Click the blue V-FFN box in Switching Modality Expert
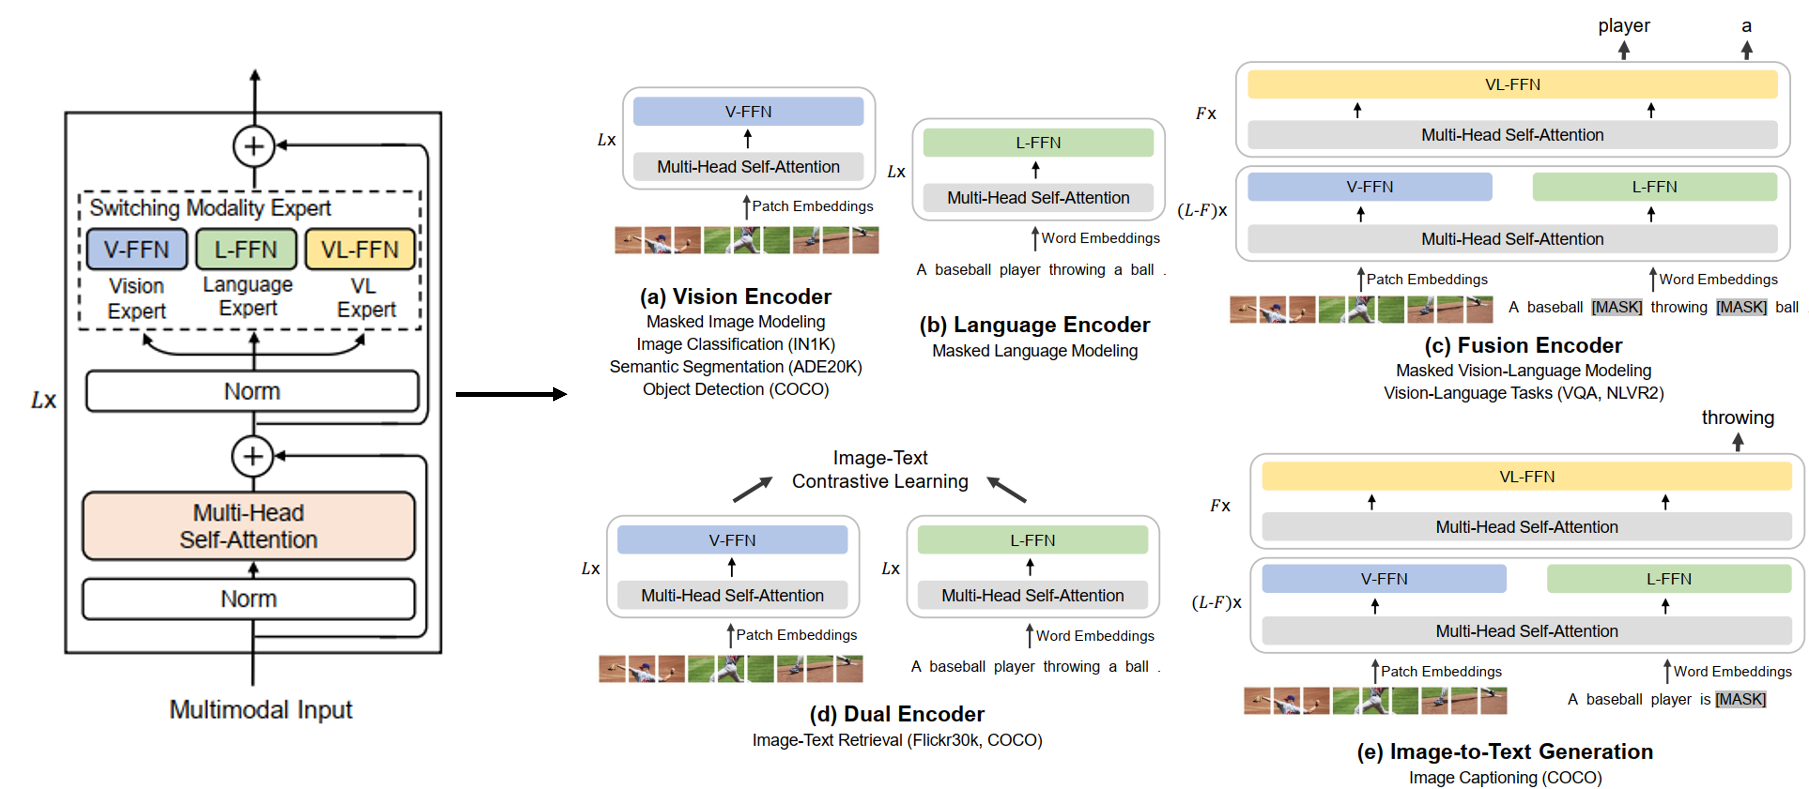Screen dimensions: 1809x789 click(137, 249)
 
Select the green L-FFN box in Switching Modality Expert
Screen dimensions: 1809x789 click(246, 249)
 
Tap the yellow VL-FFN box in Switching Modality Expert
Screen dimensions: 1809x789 click(360, 249)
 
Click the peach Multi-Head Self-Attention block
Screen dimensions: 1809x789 click(248, 526)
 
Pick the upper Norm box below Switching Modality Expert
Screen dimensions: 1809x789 click(252, 391)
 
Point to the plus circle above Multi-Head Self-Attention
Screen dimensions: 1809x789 click(253, 456)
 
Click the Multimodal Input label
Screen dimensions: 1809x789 click(261, 709)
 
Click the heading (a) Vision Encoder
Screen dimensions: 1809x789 click(735, 296)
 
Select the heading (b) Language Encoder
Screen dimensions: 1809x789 click(1035, 325)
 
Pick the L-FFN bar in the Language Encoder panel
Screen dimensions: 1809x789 click(1038, 142)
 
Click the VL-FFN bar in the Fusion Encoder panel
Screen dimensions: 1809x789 click(1512, 84)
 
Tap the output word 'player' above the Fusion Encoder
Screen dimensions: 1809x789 click(1623, 26)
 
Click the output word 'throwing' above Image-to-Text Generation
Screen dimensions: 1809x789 click(1737, 418)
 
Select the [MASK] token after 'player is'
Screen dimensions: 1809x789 click(1740, 699)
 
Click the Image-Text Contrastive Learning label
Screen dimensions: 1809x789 click(880, 469)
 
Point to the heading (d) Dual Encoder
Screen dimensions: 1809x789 click(897, 714)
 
